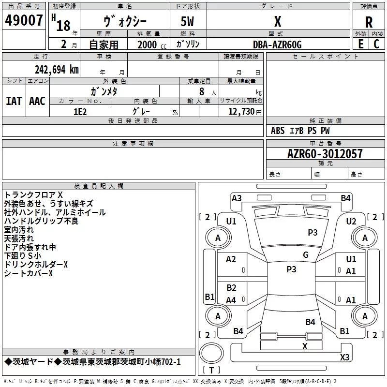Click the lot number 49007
24,20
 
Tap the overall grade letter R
369,22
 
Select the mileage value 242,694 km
57,70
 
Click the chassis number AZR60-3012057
325,154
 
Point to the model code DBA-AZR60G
277,45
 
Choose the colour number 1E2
80,112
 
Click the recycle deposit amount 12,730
241,112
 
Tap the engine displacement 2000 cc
152,45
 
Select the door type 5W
187,21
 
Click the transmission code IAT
14,101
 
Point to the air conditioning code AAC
37,101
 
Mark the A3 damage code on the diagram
237,198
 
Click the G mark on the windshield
306,255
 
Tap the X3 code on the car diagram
344,357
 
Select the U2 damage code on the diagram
351,222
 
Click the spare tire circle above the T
211,353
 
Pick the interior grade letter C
376,44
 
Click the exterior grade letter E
360,44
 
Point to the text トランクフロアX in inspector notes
33,195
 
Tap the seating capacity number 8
202,91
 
